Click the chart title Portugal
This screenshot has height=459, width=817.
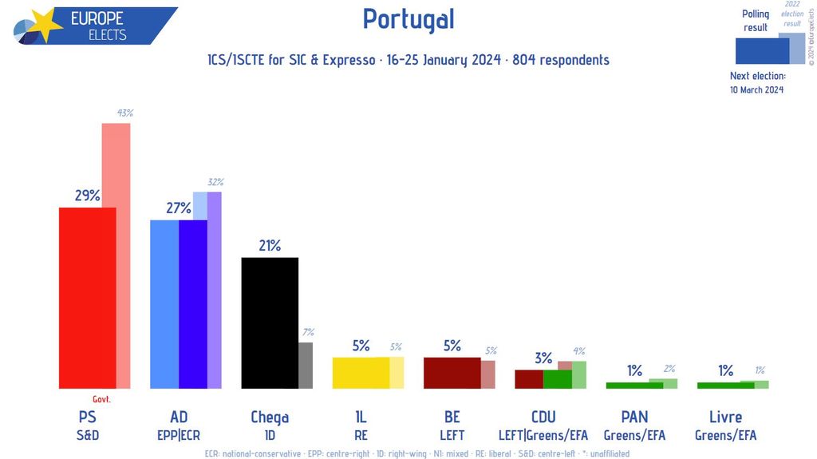(408, 19)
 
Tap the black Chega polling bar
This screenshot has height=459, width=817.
(270, 322)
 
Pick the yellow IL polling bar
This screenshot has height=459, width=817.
(361, 373)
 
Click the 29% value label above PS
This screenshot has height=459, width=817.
(88, 196)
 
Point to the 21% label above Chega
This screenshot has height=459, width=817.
(270, 246)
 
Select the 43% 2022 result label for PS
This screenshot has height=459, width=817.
(124, 113)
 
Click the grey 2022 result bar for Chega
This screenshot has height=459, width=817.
(306, 366)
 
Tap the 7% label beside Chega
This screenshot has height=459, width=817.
(307, 332)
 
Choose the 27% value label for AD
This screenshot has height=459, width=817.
(178, 208)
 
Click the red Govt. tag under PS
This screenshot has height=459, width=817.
(101, 399)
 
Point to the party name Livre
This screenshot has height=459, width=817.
(725, 417)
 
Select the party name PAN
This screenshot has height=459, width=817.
(634, 417)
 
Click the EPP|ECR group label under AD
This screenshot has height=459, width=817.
(179, 436)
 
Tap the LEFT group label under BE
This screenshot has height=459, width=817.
(452, 436)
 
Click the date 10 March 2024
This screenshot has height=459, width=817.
(756, 89)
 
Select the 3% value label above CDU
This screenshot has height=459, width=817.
(543, 358)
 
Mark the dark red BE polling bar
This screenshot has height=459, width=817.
(452, 373)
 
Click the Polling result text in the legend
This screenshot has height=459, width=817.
(755, 21)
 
